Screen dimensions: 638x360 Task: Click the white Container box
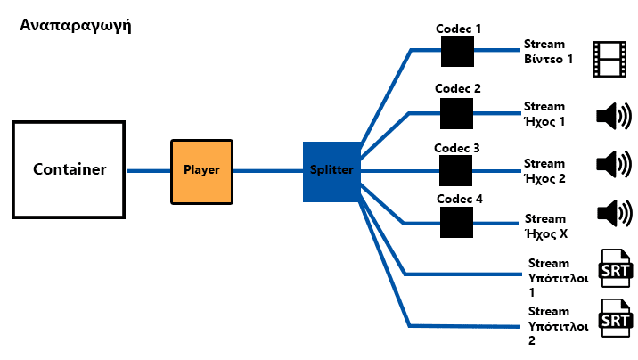(69, 169)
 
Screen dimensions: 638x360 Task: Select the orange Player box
(201, 172)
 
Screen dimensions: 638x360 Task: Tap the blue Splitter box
(331, 172)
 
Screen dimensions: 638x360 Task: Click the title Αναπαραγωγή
(76, 26)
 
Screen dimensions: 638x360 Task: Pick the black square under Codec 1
(457, 52)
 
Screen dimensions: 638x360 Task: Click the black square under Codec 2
(456, 113)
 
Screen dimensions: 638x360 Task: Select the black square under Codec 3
(455, 171)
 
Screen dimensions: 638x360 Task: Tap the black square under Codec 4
(456, 223)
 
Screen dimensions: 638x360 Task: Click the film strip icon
(609, 59)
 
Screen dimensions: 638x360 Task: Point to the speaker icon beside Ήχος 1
(614, 117)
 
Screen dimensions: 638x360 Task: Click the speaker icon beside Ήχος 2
(614, 164)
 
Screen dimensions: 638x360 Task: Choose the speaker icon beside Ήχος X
(615, 213)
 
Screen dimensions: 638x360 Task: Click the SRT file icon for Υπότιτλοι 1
(616, 268)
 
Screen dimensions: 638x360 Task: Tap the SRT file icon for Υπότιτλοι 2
(616, 318)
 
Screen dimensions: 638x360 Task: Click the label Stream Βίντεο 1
(548, 52)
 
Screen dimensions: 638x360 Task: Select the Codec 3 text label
(457, 148)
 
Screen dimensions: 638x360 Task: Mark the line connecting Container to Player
(148, 171)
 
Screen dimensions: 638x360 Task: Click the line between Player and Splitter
(268, 171)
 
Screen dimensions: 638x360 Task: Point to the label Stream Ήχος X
(546, 226)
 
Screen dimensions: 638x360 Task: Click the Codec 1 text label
(458, 29)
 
